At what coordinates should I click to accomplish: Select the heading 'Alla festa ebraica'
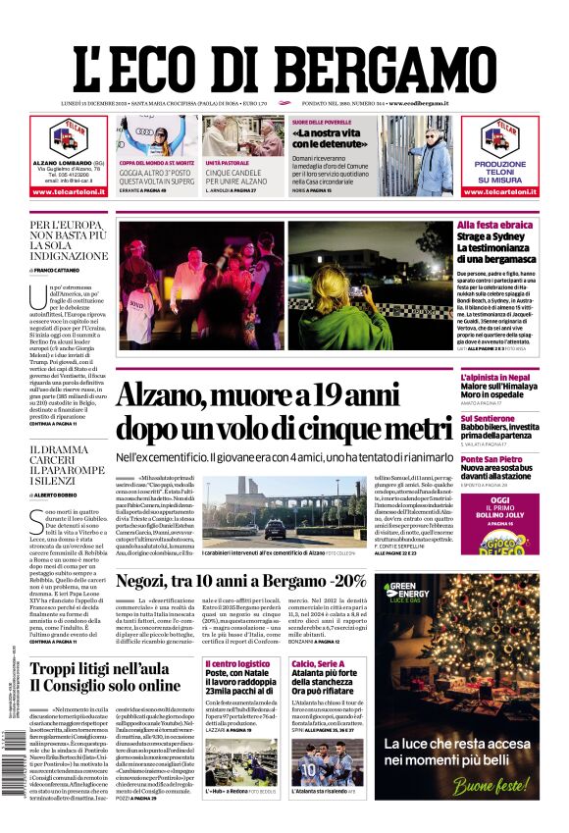point(495,226)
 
